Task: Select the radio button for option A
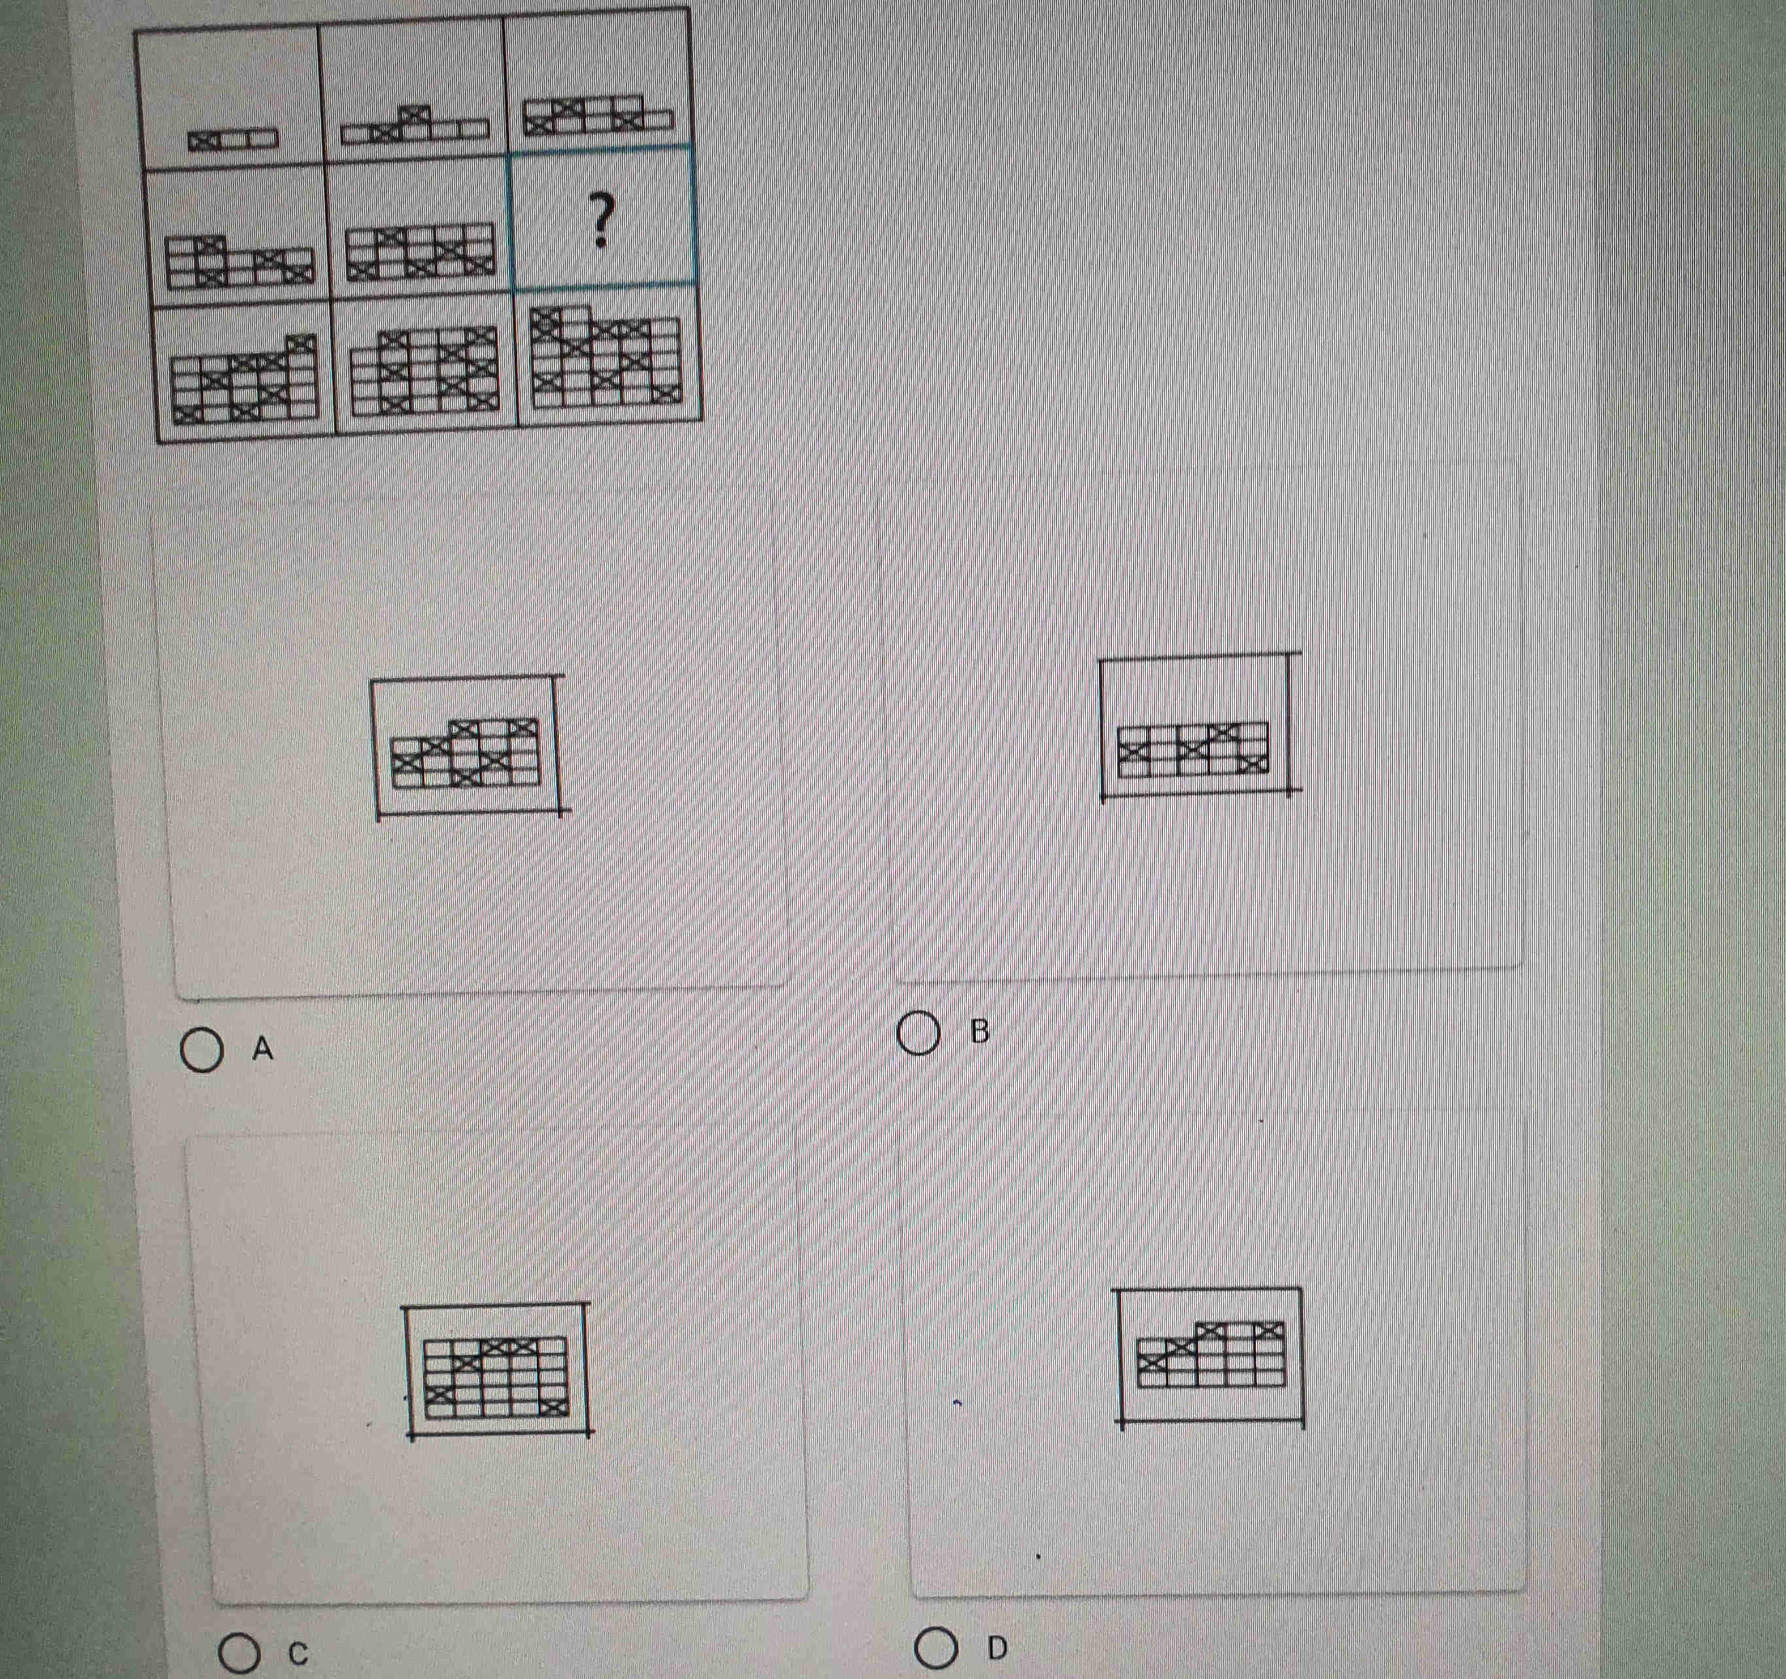tap(201, 1053)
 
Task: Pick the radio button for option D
tap(935, 1648)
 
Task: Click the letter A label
tap(262, 1048)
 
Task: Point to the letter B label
tap(980, 1031)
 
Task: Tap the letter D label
tap(997, 1648)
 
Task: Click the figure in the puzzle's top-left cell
tap(233, 139)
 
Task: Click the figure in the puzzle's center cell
tap(420, 250)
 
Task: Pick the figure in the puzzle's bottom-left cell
tap(245, 377)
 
